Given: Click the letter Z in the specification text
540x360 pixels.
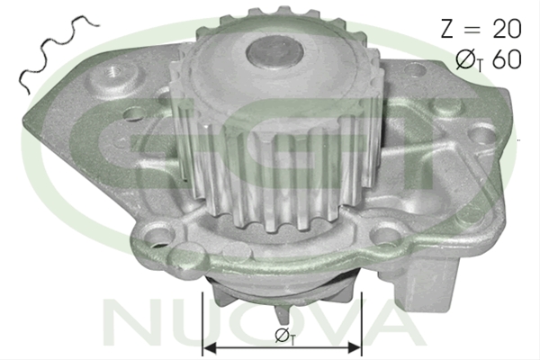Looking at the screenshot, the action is click(x=446, y=29).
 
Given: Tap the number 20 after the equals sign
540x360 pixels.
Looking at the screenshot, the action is click(x=507, y=29).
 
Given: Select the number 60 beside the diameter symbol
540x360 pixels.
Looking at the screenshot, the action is click(x=507, y=59).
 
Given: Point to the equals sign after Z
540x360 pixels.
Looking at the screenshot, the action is click(x=472, y=30).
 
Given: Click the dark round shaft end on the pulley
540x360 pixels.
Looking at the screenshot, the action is click(x=274, y=52).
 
